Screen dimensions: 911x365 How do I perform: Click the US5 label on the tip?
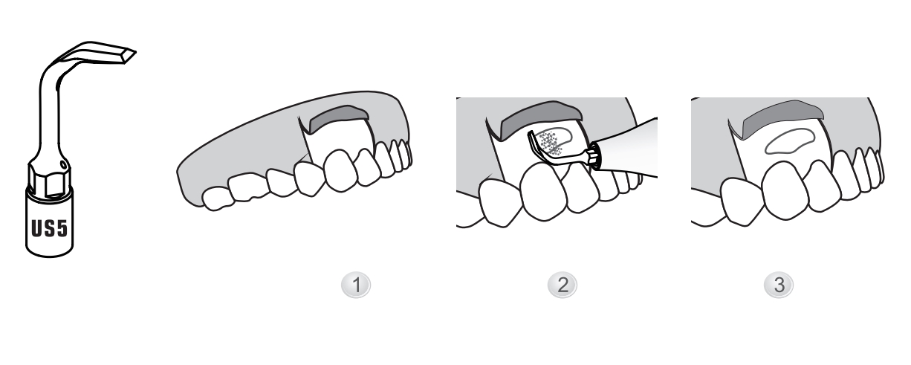pos(49,228)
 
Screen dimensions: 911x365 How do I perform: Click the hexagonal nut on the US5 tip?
pos(49,178)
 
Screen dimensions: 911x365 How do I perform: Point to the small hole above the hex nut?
pos(63,165)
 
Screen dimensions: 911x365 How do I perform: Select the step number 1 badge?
pos(356,285)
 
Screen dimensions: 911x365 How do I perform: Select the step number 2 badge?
pos(563,285)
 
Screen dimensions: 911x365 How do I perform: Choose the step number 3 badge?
pos(779,285)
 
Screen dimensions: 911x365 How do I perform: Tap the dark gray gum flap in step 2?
pos(539,118)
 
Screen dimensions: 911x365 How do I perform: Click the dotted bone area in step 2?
pos(552,143)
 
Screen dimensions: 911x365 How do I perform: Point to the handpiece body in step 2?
pos(629,148)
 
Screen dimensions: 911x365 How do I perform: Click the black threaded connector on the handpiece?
pos(594,156)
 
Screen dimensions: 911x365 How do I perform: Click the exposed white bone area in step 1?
pos(342,138)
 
